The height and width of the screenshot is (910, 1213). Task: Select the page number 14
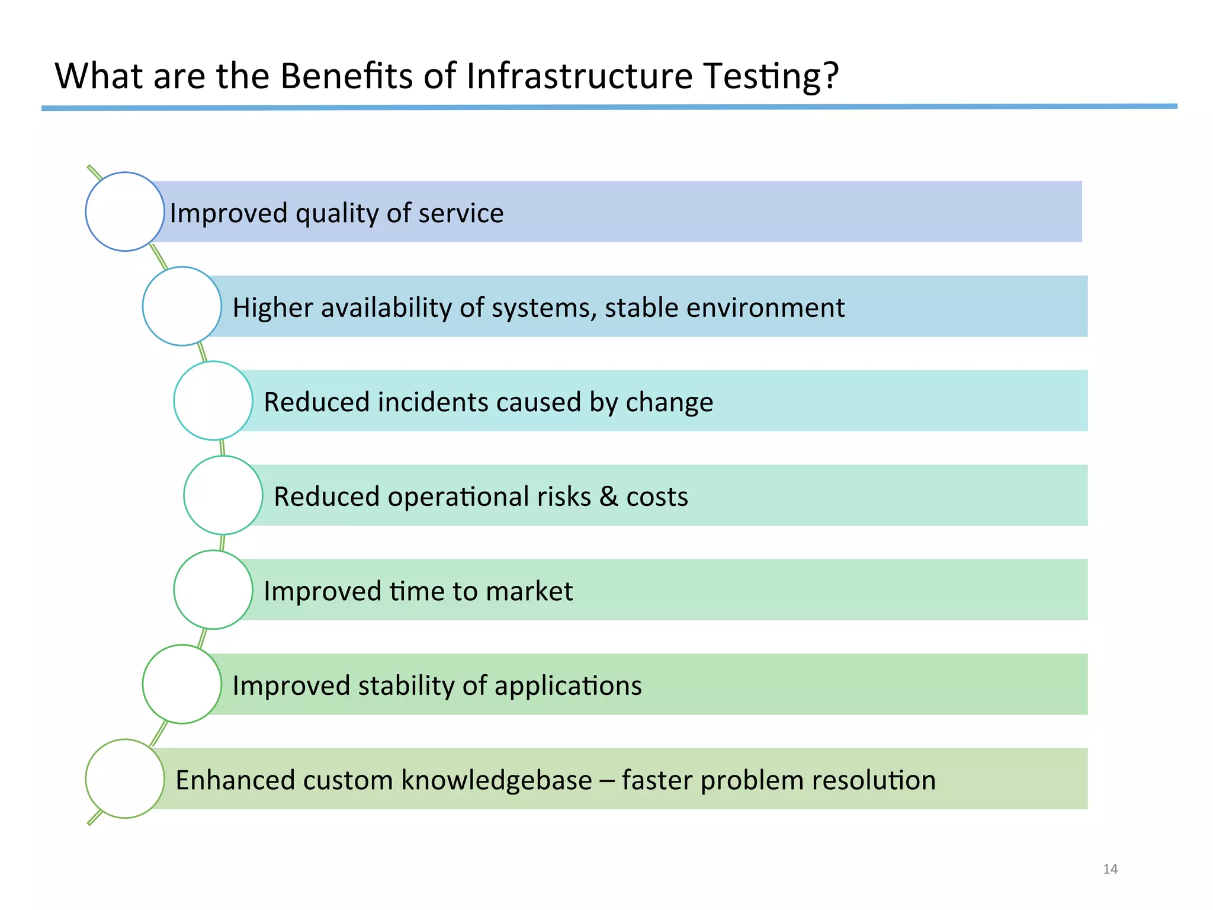pyautogui.click(x=1110, y=869)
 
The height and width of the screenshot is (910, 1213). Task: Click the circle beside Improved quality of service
pyautogui.click(x=125, y=212)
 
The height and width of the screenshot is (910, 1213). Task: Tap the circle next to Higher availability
pyautogui.click(x=182, y=306)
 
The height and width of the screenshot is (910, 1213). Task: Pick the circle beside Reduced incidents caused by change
pyautogui.click(x=213, y=400)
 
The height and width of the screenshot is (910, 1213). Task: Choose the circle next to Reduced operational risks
pyautogui.click(x=223, y=495)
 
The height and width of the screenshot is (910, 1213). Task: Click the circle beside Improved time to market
pyautogui.click(x=213, y=589)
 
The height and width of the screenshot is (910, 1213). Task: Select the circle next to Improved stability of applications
pyautogui.click(x=182, y=684)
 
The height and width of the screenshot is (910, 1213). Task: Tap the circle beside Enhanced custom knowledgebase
pyautogui.click(x=125, y=778)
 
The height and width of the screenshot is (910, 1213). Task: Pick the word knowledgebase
pyautogui.click(x=496, y=780)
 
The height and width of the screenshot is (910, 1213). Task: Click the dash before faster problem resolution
pyautogui.click(x=606, y=781)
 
